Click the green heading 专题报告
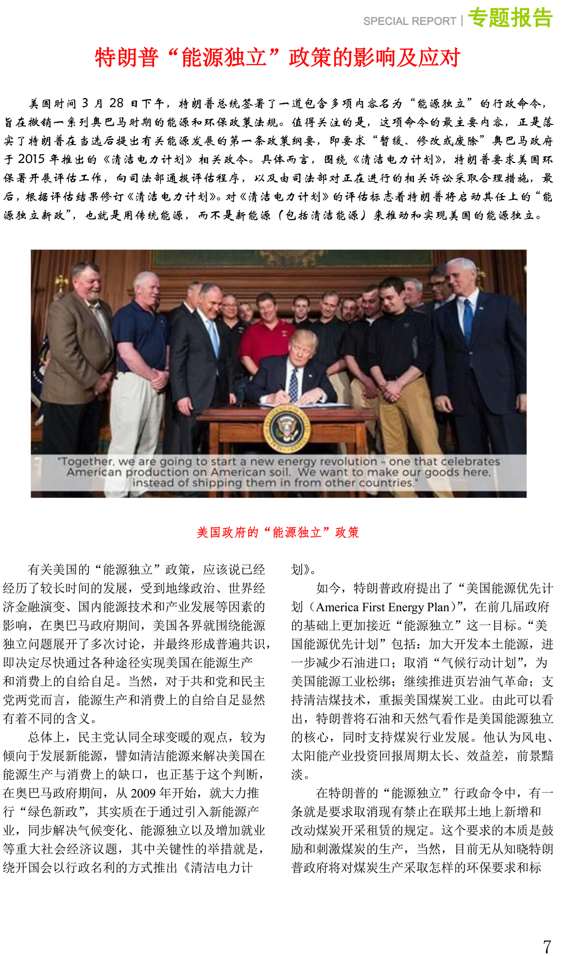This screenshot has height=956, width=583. [510, 18]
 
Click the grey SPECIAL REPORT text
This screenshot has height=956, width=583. [410, 21]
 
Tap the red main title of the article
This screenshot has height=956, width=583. [277, 57]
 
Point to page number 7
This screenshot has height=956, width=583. [547, 946]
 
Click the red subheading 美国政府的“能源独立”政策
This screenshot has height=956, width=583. [277, 532]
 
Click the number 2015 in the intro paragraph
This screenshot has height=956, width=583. [31, 159]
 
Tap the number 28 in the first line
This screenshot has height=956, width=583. [116, 103]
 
